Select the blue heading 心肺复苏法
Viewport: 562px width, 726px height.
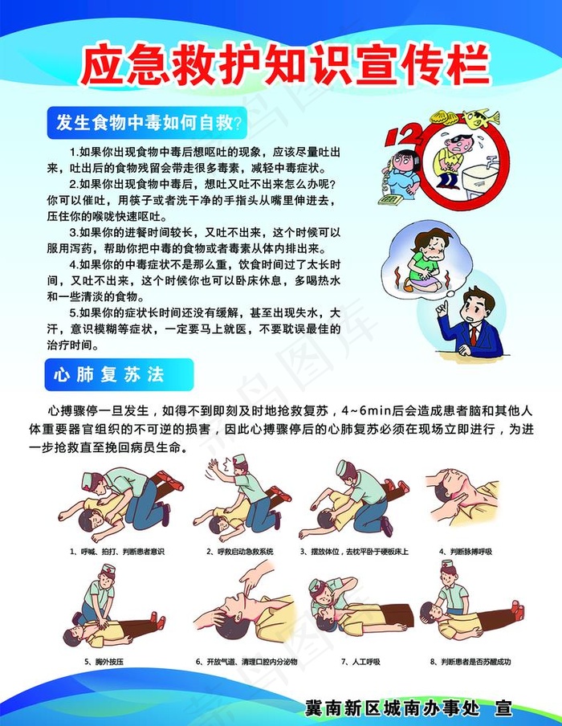[x=108, y=374]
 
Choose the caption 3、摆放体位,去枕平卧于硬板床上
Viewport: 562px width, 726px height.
[x=354, y=552]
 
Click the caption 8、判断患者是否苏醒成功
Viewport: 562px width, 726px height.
[x=470, y=662]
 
